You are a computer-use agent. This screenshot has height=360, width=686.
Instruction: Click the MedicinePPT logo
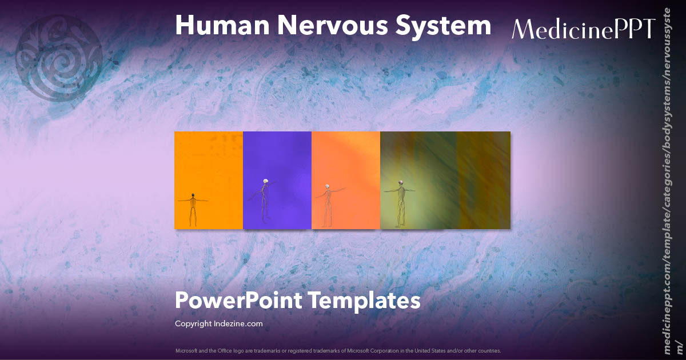[x=583, y=29]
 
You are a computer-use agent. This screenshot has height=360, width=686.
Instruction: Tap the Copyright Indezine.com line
[x=218, y=323]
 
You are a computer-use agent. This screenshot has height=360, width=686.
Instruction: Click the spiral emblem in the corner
[x=59, y=57]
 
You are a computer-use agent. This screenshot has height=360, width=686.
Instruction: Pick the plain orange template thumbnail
[x=209, y=166]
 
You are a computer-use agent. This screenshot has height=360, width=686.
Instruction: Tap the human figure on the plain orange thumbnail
[x=193, y=209]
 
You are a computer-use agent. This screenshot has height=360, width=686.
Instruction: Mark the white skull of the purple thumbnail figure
[x=265, y=182]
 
